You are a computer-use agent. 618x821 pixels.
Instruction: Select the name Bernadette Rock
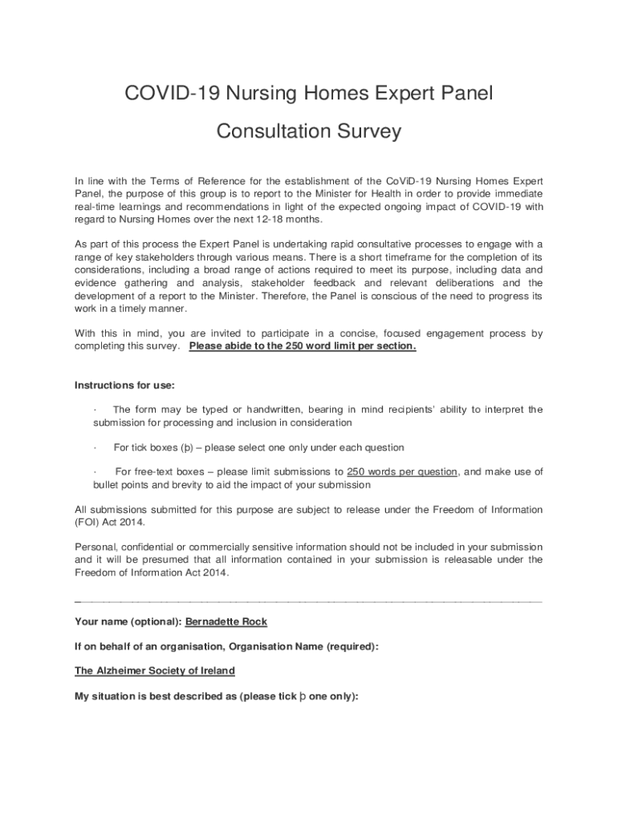[226, 621]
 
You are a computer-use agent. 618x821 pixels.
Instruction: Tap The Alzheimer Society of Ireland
[155, 670]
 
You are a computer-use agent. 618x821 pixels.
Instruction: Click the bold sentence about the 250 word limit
[303, 346]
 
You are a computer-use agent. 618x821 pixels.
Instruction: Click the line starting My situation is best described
[215, 697]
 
